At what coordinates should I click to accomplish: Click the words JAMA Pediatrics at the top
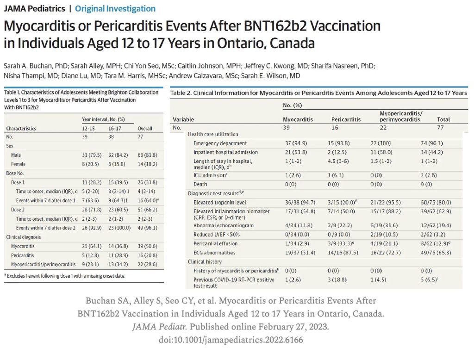[34, 8]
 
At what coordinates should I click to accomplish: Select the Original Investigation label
[115, 9]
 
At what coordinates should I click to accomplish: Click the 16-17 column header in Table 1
[115, 129]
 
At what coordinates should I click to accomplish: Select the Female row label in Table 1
[18, 164]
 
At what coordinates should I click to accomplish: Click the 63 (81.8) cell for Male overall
[147, 155]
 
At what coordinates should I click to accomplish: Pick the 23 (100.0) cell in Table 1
[119, 228]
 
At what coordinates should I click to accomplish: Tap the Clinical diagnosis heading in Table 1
[23, 237]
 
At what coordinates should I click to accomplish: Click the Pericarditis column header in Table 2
[346, 119]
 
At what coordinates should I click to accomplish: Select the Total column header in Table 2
[443, 119]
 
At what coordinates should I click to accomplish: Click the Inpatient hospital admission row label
[225, 152]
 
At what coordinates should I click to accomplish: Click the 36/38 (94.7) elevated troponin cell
[300, 203]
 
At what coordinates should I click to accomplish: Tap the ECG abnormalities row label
[214, 253]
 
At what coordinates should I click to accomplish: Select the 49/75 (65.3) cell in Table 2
[436, 253]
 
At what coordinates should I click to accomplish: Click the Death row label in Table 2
[200, 184]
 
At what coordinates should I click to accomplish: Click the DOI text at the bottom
[231, 340]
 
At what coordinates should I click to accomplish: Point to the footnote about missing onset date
[65, 276]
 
